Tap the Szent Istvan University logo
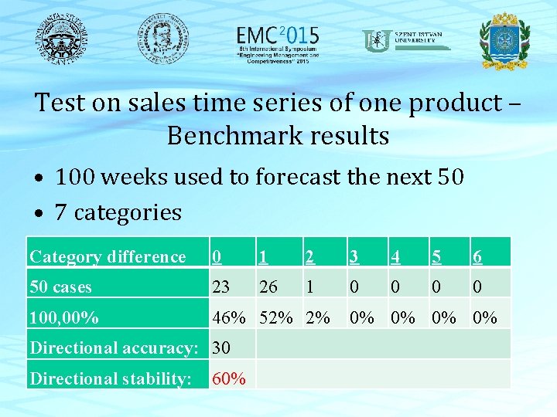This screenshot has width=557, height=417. [x=406, y=40]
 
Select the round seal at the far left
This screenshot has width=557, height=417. [x=60, y=38]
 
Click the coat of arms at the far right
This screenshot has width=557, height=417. [x=504, y=40]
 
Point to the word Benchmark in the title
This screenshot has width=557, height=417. [x=237, y=136]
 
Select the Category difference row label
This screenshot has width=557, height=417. [x=108, y=257]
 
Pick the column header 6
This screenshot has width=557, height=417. [x=478, y=257]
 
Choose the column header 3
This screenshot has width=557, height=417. [x=354, y=257]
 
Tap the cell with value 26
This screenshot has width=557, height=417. [x=268, y=287]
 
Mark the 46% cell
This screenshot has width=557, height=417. [x=229, y=317]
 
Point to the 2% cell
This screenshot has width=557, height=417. [x=317, y=317]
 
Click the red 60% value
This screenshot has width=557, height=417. [x=229, y=378]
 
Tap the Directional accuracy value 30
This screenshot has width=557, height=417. [x=220, y=348]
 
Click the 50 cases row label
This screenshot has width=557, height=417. [x=60, y=287]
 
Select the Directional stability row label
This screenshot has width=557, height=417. [x=111, y=378]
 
